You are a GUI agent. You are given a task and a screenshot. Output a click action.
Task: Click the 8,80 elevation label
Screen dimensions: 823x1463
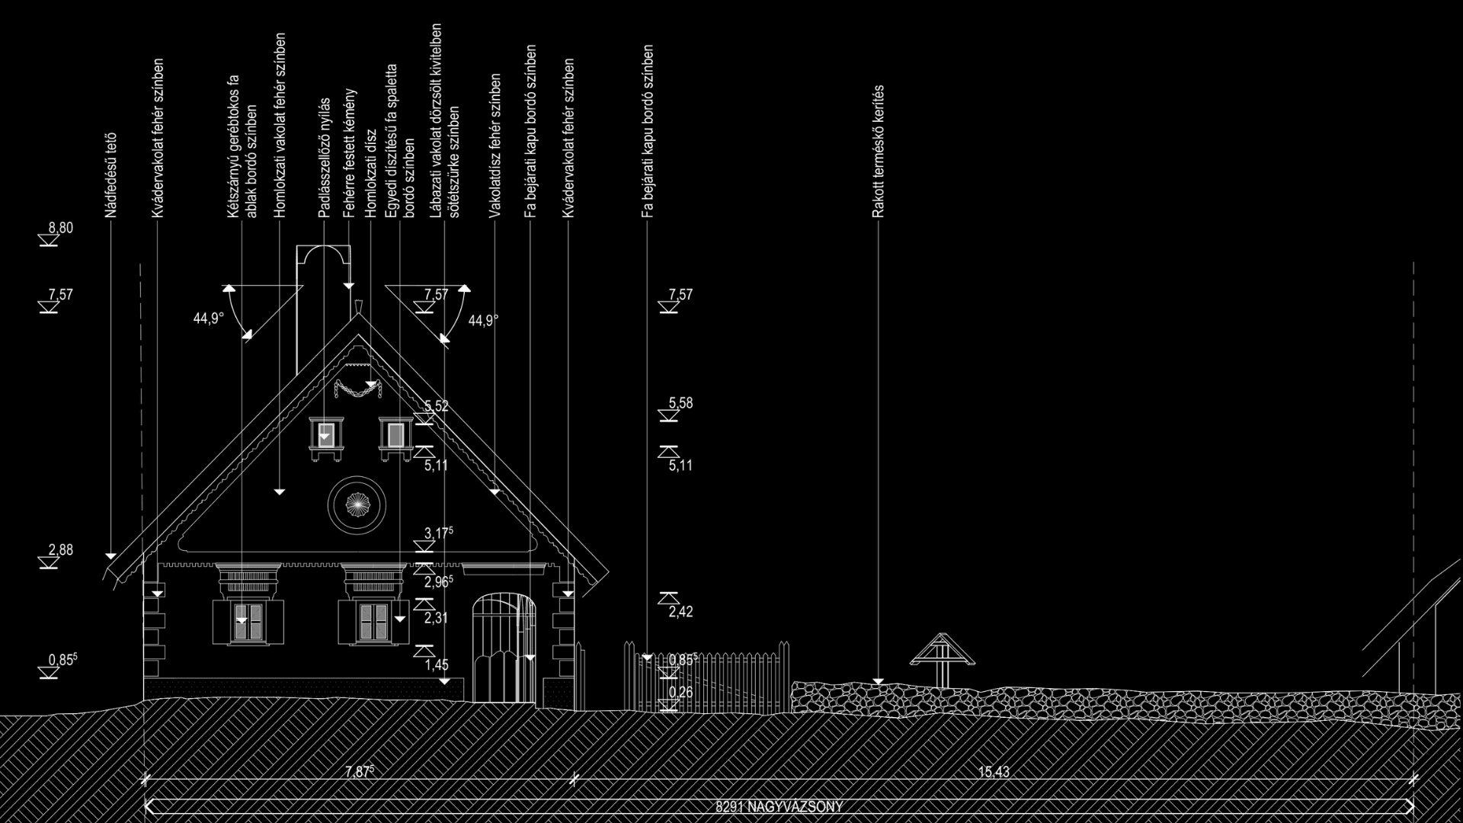(x=60, y=228)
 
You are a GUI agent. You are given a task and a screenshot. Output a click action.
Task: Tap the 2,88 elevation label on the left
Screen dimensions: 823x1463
(x=60, y=550)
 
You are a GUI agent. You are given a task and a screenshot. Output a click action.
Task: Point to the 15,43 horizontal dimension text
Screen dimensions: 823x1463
(x=993, y=772)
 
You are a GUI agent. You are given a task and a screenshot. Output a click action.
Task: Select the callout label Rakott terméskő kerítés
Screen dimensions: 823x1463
(x=878, y=152)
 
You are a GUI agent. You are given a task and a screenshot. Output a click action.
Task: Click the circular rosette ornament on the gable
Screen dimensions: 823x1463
(x=357, y=504)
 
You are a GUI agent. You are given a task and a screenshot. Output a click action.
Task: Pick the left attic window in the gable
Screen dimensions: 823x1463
(x=327, y=436)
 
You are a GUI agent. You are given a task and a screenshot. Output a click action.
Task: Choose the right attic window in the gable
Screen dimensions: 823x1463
(x=395, y=436)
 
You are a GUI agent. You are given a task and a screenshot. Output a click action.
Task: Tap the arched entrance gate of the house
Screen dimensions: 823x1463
(x=504, y=648)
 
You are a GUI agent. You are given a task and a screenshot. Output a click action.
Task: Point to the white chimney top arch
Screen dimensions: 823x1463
(x=324, y=255)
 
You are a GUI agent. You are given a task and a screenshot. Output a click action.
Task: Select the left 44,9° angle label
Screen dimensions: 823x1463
(x=208, y=319)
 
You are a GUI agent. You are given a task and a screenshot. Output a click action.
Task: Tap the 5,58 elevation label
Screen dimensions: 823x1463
(x=680, y=403)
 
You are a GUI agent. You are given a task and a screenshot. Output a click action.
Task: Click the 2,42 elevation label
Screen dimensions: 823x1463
(x=680, y=612)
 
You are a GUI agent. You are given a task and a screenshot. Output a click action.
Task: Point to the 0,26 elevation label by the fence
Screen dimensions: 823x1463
(x=680, y=692)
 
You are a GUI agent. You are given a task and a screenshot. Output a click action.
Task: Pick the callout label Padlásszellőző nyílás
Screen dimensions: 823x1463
(x=325, y=158)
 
